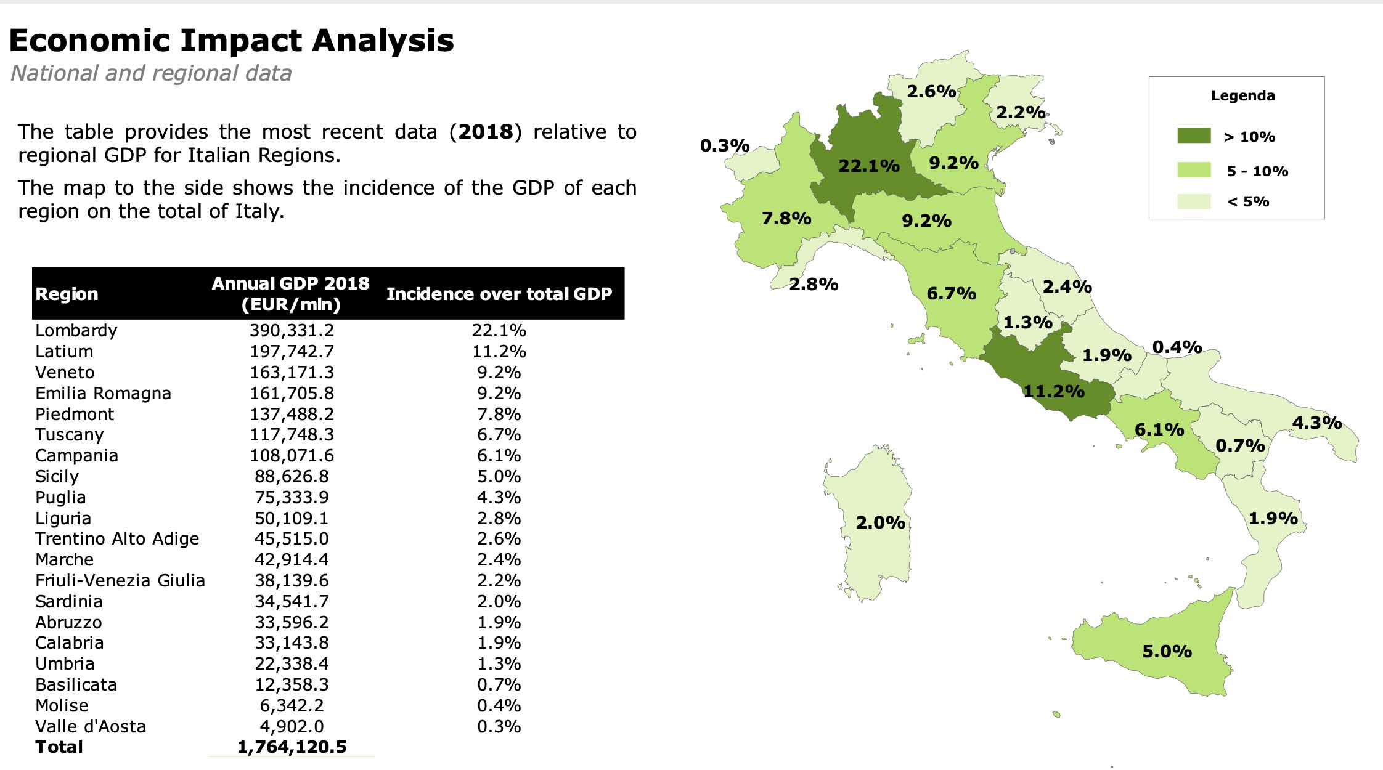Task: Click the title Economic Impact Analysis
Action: (x=232, y=41)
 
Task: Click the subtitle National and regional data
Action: (x=151, y=73)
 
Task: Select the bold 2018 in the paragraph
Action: (x=486, y=132)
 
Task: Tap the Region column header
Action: (x=67, y=294)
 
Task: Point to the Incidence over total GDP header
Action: (x=499, y=294)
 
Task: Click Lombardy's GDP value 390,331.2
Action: (x=292, y=331)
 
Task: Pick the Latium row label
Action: (x=64, y=352)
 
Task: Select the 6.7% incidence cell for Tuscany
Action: (x=499, y=435)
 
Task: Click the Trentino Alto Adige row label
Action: (x=117, y=539)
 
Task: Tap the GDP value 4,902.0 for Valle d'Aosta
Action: (x=292, y=727)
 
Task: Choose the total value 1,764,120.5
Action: (x=292, y=747)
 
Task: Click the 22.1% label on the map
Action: (x=869, y=166)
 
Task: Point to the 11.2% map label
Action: (x=1053, y=391)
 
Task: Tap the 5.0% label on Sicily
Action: (x=1167, y=651)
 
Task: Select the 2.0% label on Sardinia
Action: (x=880, y=523)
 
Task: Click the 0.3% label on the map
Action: (x=724, y=146)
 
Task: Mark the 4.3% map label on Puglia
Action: (x=1316, y=423)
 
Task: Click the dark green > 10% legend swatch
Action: (x=1194, y=136)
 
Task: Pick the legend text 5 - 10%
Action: (x=1257, y=171)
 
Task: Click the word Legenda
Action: (x=1242, y=96)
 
